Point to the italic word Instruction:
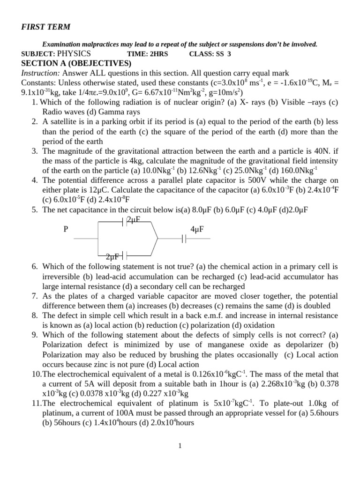click(x=41, y=73)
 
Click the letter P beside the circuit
click(x=66, y=229)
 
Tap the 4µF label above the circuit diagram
click(x=197, y=229)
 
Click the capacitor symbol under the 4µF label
click(x=184, y=239)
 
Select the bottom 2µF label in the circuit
click(x=113, y=256)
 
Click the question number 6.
click(x=35, y=266)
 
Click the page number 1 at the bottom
click(x=180, y=446)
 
